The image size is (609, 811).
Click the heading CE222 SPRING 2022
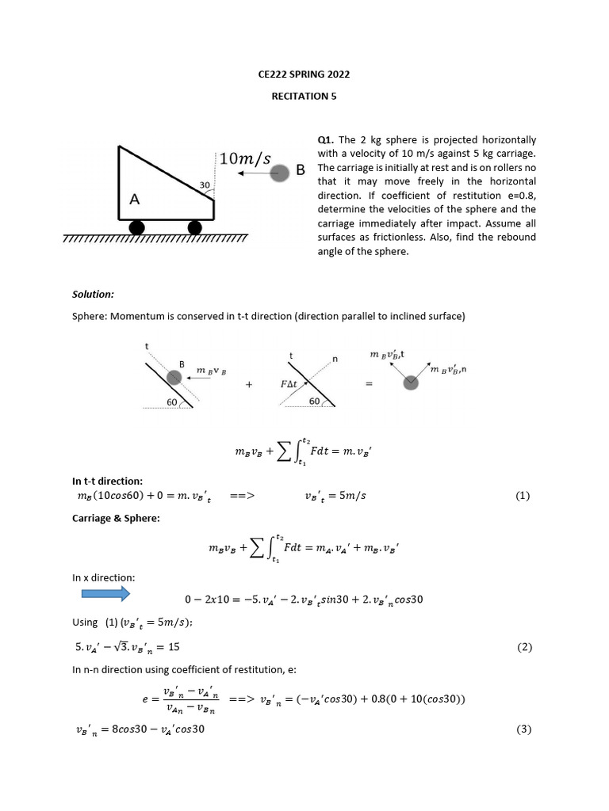tap(304, 74)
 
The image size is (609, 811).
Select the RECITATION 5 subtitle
tap(304, 96)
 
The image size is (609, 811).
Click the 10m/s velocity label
tap(244, 158)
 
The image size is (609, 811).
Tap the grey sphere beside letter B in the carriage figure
tap(279, 173)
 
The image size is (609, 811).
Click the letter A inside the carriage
tap(134, 200)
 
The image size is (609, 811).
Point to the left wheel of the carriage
tap(137, 228)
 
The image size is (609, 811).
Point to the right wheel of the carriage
tap(194, 228)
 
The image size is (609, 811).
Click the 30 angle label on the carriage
tap(204, 185)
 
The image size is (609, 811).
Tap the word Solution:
tap(93, 294)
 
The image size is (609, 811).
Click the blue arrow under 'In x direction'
tap(100, 593)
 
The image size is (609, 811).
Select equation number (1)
tap(522, 496)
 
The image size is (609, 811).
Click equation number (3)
tap(523, 729)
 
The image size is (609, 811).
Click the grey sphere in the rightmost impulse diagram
tap(410, 383)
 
